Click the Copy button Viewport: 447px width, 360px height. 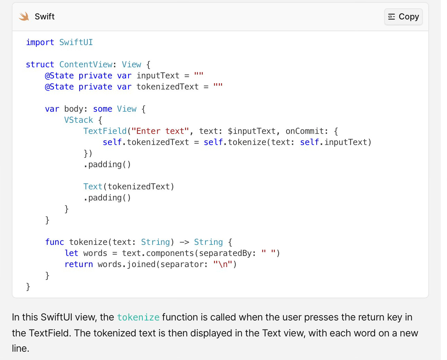coord(403,17)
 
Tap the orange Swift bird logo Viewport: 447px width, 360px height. coord(24,16)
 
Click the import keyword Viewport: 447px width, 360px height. coord(40,42)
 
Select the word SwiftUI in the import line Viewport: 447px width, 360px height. coord(76,42)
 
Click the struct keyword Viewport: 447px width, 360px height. coord(40,65)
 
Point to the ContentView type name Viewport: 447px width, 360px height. coord(86,65)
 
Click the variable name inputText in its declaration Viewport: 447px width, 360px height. coord(158,76)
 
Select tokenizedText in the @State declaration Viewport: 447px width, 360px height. coord(167,87)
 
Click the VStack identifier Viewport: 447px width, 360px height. coord(78,120)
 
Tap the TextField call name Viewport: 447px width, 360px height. coord(105,131)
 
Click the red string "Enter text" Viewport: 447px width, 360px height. coord(160,131)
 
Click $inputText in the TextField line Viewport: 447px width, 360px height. coord(252,131)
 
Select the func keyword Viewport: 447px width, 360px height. coord(54,242)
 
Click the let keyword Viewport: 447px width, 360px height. coord(71,253)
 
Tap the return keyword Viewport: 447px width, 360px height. coord(79,264)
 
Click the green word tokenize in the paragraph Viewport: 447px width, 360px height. coord(138,317)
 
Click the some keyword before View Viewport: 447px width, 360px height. coord(103,109)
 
